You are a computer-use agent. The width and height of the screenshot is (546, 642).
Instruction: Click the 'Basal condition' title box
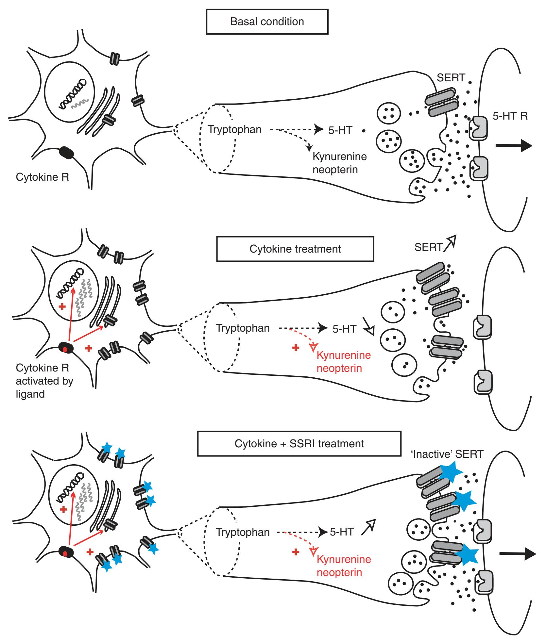[267, 22]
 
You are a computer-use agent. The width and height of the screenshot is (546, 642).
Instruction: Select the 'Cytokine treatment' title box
[295, 249]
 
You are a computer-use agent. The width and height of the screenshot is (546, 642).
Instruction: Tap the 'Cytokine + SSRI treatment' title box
[299, 444]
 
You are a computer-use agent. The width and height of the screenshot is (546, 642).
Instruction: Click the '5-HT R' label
[510, 116]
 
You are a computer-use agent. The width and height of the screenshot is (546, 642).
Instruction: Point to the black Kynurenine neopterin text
[339, 163]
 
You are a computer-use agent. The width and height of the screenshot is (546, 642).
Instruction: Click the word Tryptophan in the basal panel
[234, 130]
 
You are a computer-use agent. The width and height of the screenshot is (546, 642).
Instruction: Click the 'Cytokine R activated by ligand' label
[44, 381]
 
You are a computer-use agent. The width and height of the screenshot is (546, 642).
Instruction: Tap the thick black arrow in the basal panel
[513, 145]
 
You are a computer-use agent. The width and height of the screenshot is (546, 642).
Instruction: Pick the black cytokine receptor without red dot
[66, 152]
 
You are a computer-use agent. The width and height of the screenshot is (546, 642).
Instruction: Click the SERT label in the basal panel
[451, 77]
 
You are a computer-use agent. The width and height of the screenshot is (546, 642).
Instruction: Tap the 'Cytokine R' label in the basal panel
[42, 177]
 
